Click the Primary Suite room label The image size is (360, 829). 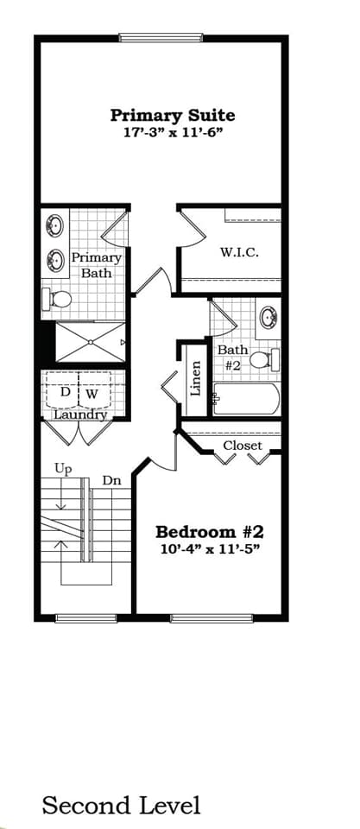[x=173, y=115]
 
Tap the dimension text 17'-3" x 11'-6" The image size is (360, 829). [x=173, y=133]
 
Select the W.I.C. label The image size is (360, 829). [x=239, y=252]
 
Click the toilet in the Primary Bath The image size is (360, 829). [x=58, y=300]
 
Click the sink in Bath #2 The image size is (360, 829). [x=268, y=316]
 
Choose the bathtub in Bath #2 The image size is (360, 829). [x=247, y=399]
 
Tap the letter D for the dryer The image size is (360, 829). [x=65, y=392]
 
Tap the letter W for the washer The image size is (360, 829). [x=92, y=393]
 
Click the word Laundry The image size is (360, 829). [x=79, y=414]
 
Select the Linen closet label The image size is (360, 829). [x=195, y=377]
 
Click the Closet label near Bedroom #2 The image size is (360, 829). [x=243, y=446]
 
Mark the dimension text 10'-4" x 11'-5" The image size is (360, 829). [x=207, y=548]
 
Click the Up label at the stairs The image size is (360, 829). [x=63, y=469]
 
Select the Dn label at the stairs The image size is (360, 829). [x=111, y=480]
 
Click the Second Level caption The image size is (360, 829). [x=121, y=806]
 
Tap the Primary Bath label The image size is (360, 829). [x=96, y=265]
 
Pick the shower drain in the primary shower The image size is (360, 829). [x=90, y=342]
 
